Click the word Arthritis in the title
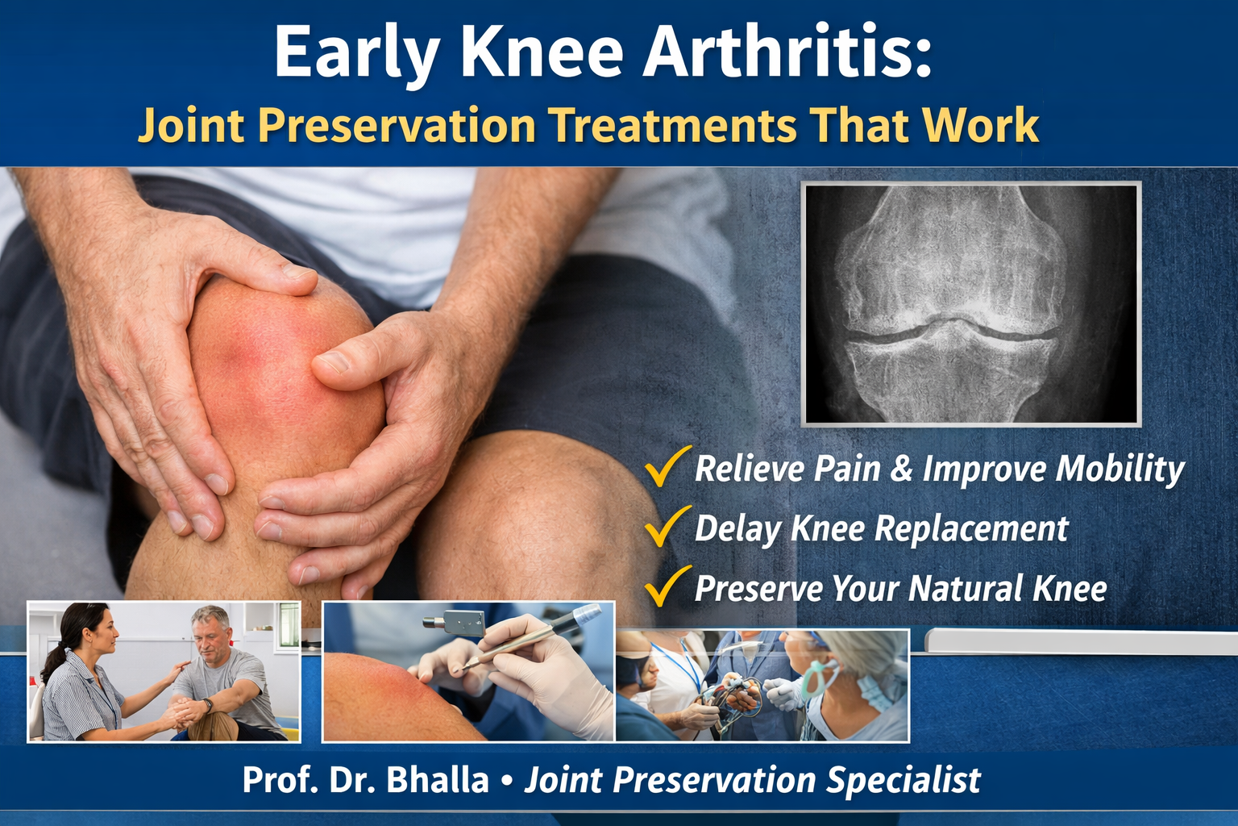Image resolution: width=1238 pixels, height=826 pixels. (x=787, y=52)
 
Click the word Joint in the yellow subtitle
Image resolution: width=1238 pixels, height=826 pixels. (x=191, y=124)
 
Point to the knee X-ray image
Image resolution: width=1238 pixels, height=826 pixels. (x=970, y=304)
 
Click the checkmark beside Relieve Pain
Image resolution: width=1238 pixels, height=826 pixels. (x=667, y=466)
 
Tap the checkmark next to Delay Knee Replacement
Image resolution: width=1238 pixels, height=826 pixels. (x=667, y=526)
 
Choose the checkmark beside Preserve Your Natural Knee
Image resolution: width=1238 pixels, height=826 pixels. (x=667, y=586)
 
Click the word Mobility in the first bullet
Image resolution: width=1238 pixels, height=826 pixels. (x=1120, y=469)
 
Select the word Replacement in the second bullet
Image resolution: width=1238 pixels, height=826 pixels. (x=971, y=528)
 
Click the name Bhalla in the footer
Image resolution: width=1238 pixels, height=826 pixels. (x=437, y=779)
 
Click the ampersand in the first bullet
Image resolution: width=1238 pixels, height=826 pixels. (x=901, y=468)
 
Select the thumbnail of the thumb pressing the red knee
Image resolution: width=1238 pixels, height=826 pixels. (x=468, y=671)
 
